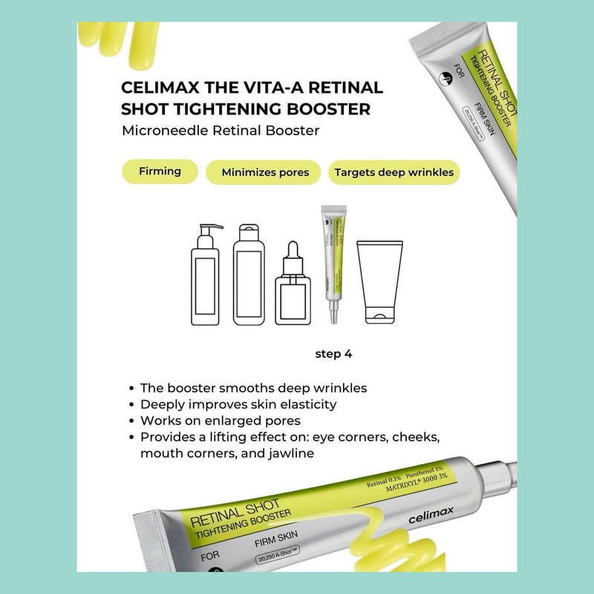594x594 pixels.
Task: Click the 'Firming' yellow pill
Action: pos(160,172)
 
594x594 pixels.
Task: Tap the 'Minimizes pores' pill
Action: pos(263,173)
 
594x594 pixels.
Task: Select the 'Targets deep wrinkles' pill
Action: pos(394,173)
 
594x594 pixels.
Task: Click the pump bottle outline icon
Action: pos(205,275)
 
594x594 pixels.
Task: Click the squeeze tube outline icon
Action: pos(379,282)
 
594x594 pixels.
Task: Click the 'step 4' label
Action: pos(333,354)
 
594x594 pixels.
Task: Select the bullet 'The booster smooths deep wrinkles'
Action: pos(252,388)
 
